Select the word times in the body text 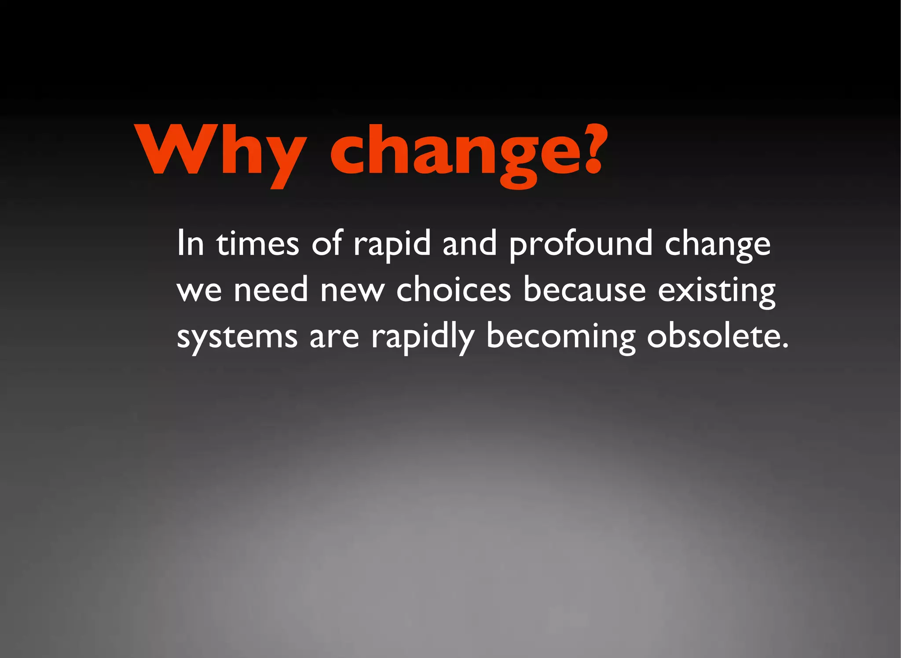click(x=257, y=243)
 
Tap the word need click(x=271, y=290)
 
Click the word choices click(x=454, y=290)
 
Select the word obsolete click(x=713, y=336)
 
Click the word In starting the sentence click(x=190, y=243)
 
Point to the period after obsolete click(x=785, y=346)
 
